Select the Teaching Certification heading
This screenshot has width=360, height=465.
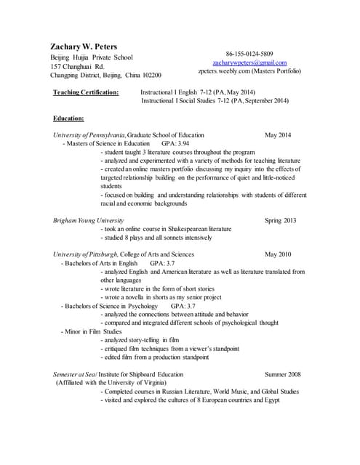pyautogui.click(x=86, y=93)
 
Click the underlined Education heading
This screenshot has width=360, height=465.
pyautogui.click(x=68, y=118)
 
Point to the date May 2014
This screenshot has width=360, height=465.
pyautogui.click(x=278, y=135)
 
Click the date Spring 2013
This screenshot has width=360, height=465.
pyautogui.click(x=279, y=220)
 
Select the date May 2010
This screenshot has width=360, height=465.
pyautogui.click(x=278, y=254)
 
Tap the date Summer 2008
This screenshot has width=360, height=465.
pyautogui.click(x=283, y=374)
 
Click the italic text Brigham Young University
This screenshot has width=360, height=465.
pyautogui.click(x=88, y=220)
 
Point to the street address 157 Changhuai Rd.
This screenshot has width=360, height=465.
pyautogui.click(x=78, y=66)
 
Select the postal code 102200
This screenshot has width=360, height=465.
pyautogui.click(x=148, y=76)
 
